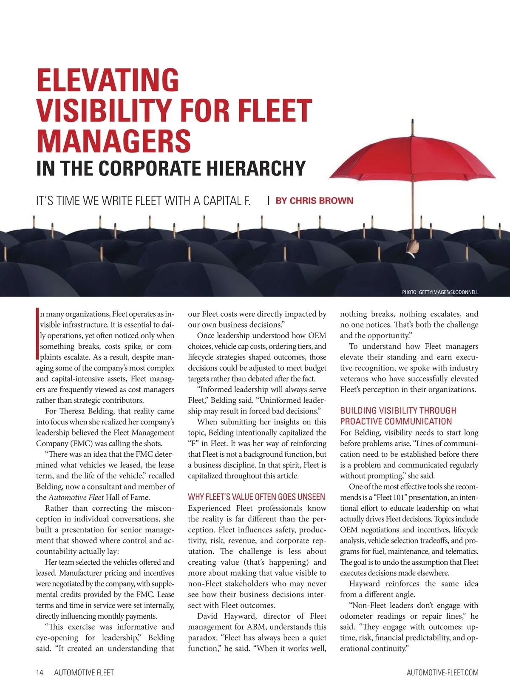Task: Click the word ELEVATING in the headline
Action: pos(108,80)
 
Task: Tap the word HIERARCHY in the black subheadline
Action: pos(256,168)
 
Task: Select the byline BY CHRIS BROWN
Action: pos(314,201)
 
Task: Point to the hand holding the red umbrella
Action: pos(412,246)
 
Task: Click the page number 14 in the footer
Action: pos(40,672)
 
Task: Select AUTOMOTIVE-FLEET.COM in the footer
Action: pos(442,672)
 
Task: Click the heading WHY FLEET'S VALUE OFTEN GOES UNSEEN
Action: pos(256,497)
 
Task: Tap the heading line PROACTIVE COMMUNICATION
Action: pos(396,422)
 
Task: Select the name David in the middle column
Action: pos(207,616)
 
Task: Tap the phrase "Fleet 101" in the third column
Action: pos(391,498)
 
